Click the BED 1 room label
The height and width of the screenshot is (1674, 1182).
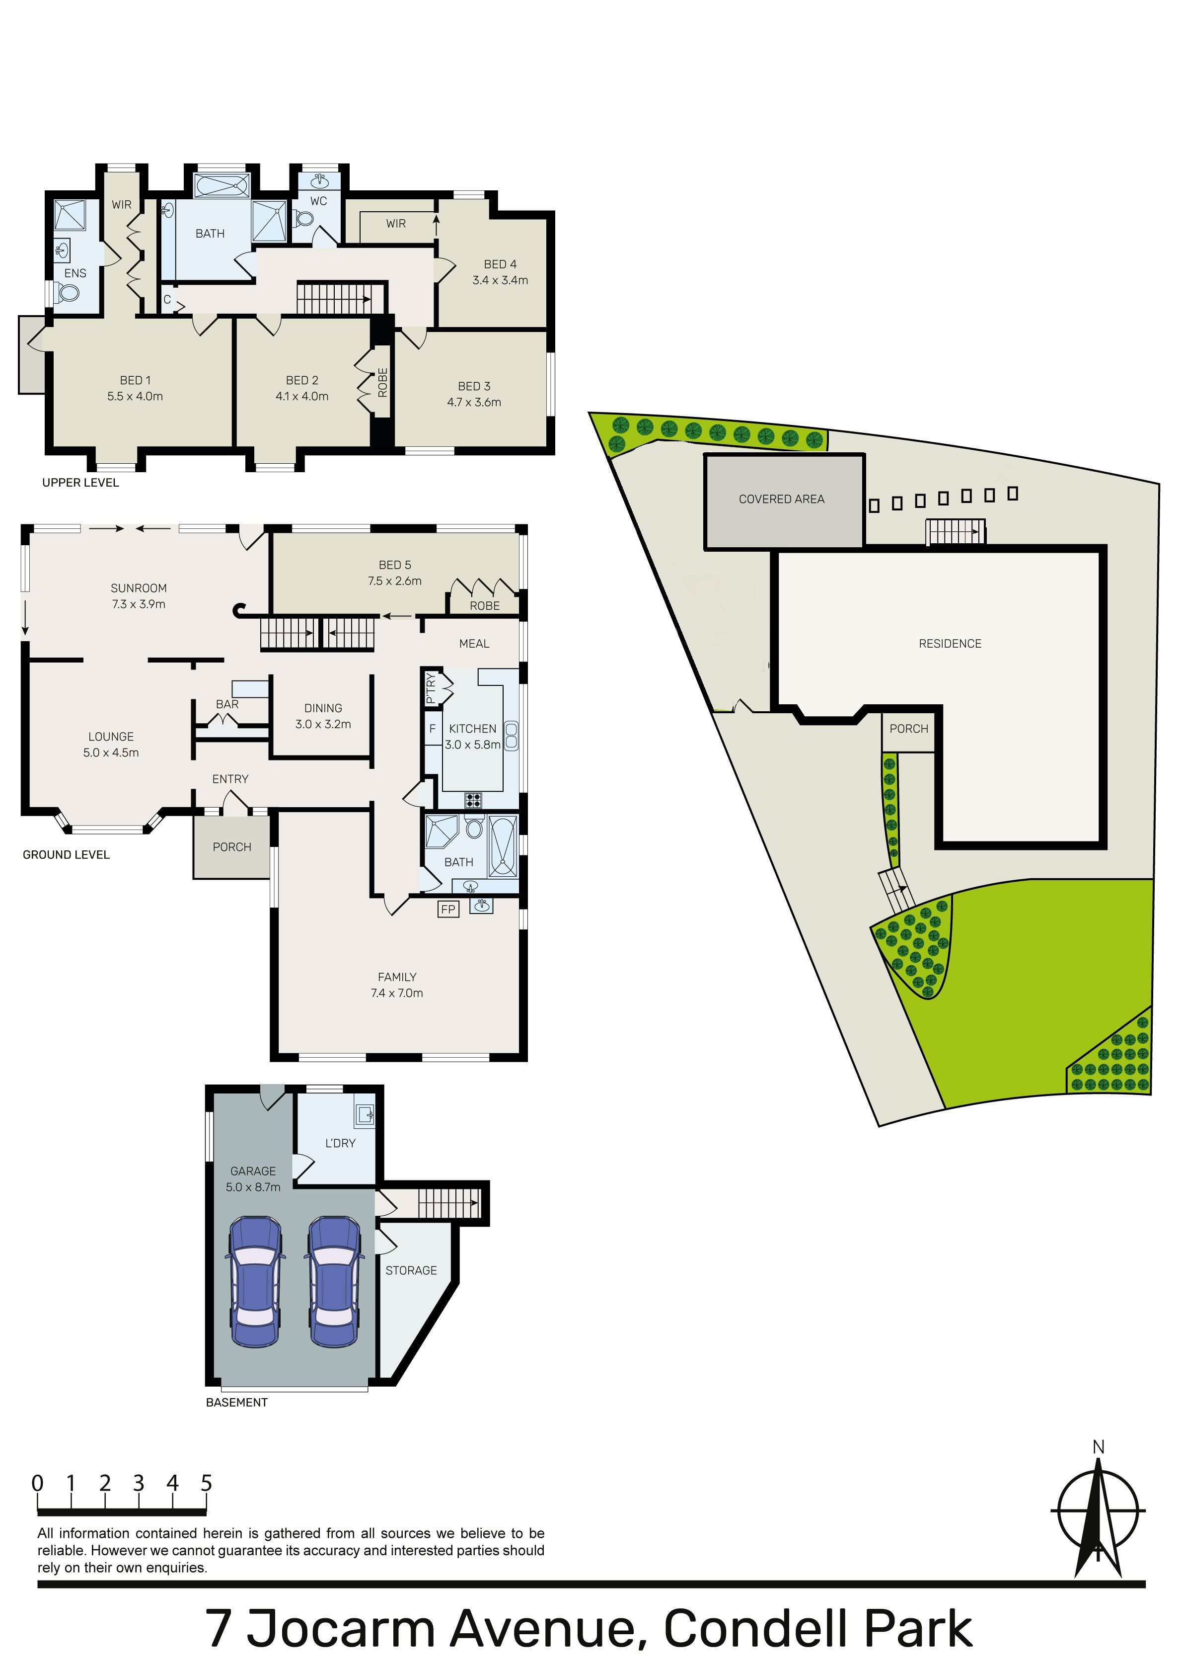click(136, 380)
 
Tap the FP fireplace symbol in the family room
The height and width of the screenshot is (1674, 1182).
click(448, 909)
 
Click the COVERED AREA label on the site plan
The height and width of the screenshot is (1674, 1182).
click(781, 500)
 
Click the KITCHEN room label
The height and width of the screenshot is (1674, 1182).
click(472, 728)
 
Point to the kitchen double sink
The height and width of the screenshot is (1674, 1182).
click(512, 736)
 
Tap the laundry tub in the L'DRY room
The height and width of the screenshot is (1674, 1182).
click(365, 1113)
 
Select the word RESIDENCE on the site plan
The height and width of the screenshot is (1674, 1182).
click(950, 643)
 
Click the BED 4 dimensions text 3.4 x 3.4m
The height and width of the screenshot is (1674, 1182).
click(500, 280)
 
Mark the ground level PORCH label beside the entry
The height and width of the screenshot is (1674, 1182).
click(232, 846)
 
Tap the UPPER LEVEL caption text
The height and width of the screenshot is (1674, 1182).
click(80, 482)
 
